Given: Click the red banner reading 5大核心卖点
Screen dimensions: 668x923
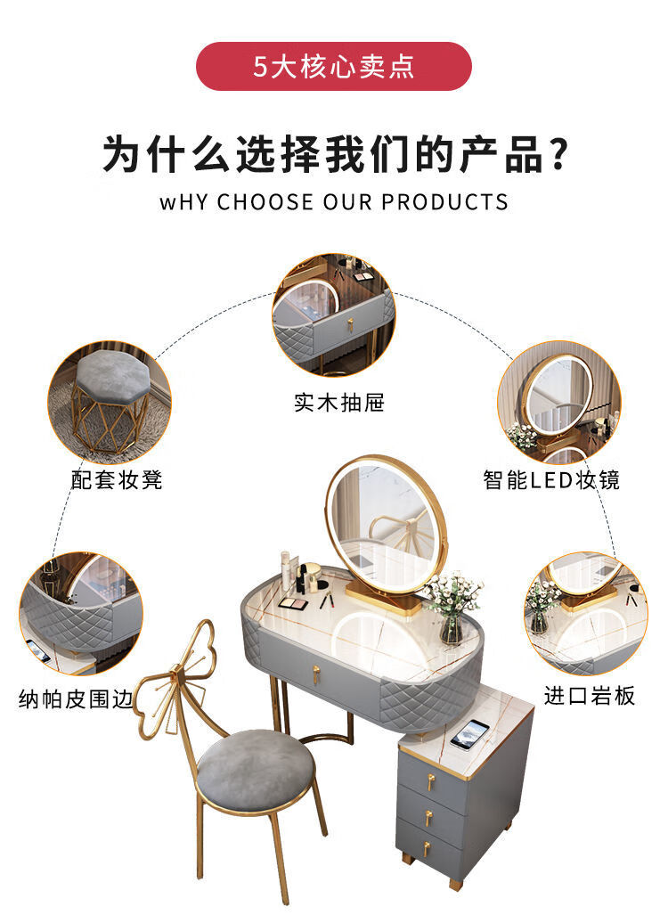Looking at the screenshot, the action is tap(334, 67).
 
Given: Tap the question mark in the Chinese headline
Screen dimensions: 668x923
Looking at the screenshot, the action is tap(556, 153).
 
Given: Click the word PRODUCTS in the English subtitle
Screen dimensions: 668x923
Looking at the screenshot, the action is tap(444, 202).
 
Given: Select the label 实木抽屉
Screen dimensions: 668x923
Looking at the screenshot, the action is tap(339, 403).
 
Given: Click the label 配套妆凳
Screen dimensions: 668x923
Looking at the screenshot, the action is tap(117, 479).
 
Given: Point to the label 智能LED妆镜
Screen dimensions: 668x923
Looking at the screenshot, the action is tap(551, 479).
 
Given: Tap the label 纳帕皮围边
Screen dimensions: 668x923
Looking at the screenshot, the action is tap(76, 699).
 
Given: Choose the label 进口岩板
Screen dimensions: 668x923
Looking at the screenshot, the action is tap(590, 696).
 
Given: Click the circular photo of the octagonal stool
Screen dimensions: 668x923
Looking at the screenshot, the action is tap(110, 402).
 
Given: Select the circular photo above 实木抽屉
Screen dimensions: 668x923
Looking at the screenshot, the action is tap(334, 314).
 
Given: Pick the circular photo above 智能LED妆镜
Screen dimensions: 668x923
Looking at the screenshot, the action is tap(559, 402).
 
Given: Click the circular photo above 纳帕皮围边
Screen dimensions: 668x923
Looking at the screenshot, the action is tap(81, 613).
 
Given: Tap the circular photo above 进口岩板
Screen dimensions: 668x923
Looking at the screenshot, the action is tap(586, 613).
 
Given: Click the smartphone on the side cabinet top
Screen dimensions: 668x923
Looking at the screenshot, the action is tap(469, 734).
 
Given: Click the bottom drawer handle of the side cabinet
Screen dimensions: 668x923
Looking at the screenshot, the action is tap(427, 848).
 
